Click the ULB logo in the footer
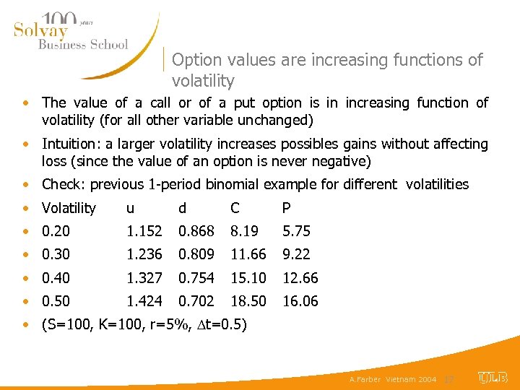[x=493, y=378]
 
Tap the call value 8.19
[x=243, y=231]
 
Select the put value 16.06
[x=300, y=301]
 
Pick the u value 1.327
[x=144, y=278]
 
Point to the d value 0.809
[x=196, y=254]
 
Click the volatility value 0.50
[x=57, y=301]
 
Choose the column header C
[x=235, y=209]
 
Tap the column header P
[x=287, y=209]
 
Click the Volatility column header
[x=69, y=209]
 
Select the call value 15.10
[x=248, y=278]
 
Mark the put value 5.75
[x=296, y=231]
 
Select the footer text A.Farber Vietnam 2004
[x=393, y=379]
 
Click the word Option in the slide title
[x=196, y=60]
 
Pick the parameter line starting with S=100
[x=144, y=324]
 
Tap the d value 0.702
[x=196, y=301]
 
